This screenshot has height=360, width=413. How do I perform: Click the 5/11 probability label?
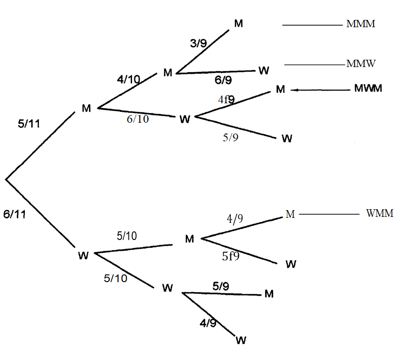pos(28,124)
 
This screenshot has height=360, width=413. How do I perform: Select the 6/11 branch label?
pos(15,215)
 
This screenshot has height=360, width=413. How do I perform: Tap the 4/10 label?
pos(128,80)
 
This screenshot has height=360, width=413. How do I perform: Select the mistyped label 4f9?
pos(226,100)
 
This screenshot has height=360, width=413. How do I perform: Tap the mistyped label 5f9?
pos(230,256)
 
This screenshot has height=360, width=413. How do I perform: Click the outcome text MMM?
pos(361,24)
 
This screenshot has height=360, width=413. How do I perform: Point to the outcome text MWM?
pos(368,88)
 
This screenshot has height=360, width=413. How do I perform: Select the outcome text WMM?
pos(380,213)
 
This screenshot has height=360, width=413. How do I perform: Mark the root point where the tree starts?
pos(6,180)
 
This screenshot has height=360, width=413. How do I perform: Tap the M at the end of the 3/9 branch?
pos(238,24)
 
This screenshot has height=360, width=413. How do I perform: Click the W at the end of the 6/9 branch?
pos(264,70)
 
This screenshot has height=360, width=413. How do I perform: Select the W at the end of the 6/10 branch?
pos(184,119)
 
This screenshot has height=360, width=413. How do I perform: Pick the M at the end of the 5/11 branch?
pos(86,108)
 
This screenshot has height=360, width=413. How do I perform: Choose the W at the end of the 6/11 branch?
pos(83,255)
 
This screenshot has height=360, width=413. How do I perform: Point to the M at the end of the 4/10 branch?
pos(168,73)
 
